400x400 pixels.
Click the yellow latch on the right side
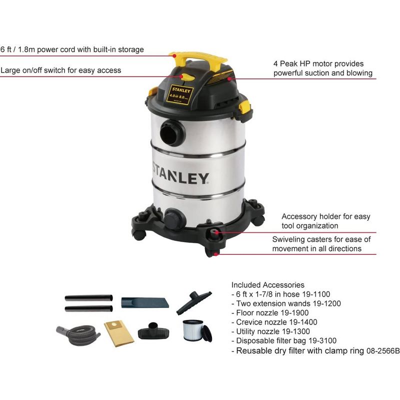[x=244, y=106]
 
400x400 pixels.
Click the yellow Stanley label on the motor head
[x=182, y=95]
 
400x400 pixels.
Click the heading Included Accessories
[x=267, y=285]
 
